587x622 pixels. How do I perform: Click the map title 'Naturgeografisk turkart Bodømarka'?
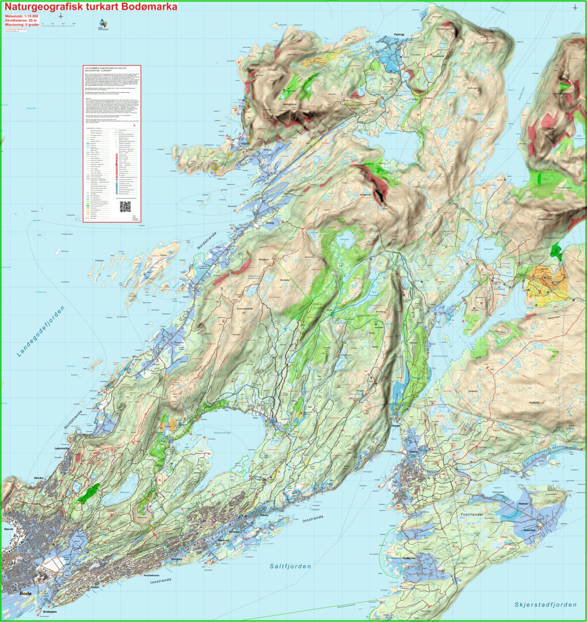pos(91,7)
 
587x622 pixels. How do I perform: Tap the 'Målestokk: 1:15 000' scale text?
pos(21,16)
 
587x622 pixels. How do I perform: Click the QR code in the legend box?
pos(125,206)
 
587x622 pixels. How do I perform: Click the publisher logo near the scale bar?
pos(104,24)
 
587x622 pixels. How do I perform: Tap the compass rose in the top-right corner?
pos(575,7)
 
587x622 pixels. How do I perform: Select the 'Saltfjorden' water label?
pos(290,566)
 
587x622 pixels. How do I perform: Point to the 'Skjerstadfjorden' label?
pos(545,604)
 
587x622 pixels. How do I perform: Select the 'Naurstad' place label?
pos(532,529)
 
